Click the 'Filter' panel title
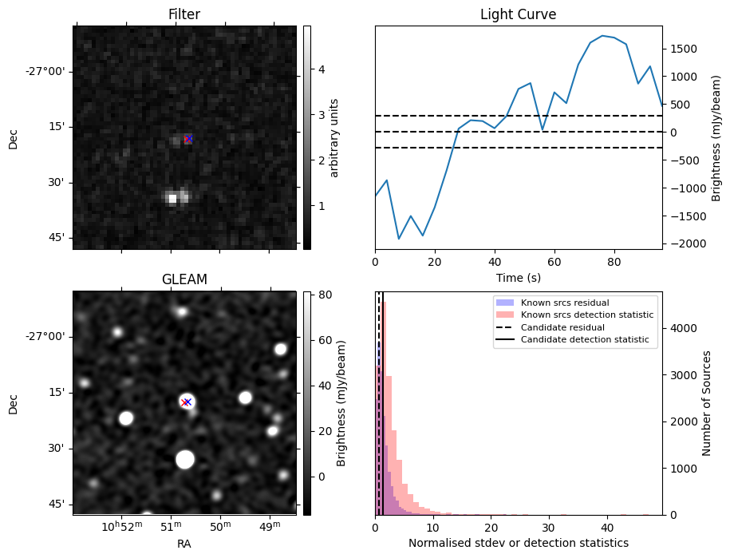(x=183, y=14)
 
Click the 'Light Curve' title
(x=518, y=14)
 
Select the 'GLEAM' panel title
(x=183, y=279)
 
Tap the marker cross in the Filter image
(x=188, y=139)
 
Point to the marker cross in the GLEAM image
(x=186, y=402)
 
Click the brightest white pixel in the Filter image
(x=172, y=198)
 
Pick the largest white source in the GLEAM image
(x=185, y=459)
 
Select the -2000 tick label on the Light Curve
(x=685, y=243)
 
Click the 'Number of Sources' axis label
(x=708, y=403)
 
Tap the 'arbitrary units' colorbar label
(x=335, y=137)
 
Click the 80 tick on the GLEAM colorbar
(x=321, y=295)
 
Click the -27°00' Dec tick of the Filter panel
(x=46, y=71)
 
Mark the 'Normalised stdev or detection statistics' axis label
(x=518, y=543)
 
